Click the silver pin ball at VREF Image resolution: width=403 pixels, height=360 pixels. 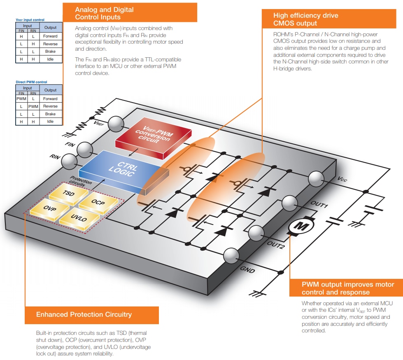(x=115, y=123)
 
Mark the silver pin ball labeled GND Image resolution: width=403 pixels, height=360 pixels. (x=231, y=256)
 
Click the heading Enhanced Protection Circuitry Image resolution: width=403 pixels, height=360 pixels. (x=84, y=315)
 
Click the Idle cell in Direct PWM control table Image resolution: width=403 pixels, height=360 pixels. (x=51, y=122)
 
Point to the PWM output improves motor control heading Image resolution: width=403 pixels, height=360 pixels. (x=348, y=288)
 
